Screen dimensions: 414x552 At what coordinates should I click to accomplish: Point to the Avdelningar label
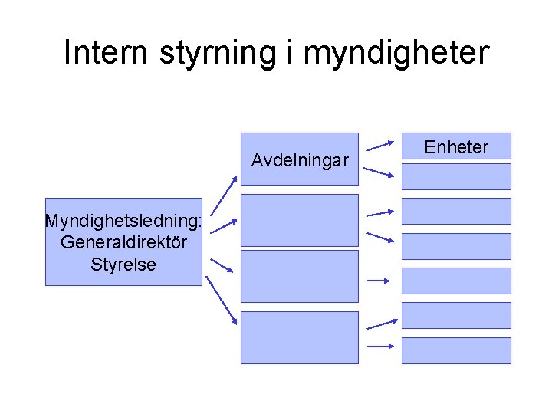coord(300,161)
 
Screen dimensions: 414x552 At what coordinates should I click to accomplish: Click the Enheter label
coord(456,147)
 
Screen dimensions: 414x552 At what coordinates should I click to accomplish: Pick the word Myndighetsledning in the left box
coord(122,222)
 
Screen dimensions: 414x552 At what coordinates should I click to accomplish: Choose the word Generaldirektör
coord(123,243)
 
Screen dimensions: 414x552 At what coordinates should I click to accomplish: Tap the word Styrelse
coord(123,264)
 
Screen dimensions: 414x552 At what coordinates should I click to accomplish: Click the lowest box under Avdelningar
coord(300,337)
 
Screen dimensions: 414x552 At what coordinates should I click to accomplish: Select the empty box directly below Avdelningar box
coord(300,220)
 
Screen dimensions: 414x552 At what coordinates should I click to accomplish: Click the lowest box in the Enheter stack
coord(456,350)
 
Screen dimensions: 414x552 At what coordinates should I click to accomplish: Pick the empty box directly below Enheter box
coord(456,176)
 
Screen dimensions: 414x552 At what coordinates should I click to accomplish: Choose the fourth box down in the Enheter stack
coord(456,246)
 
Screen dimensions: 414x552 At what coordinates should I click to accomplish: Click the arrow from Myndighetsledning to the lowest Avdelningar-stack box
coord(224,307)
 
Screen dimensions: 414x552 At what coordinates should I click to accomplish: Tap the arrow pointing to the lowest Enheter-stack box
coord(381,346)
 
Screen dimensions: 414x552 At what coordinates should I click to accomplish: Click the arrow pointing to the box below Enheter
coord(379,172)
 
